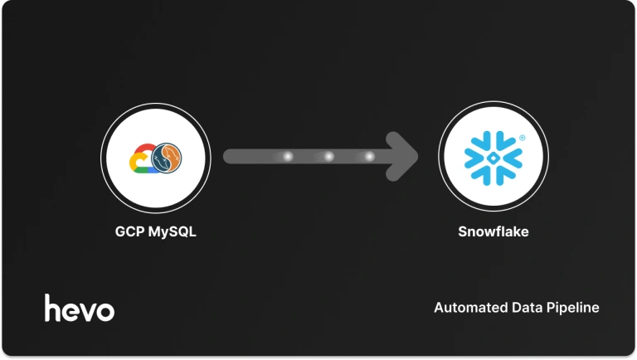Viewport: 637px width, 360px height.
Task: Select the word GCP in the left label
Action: (129, 231)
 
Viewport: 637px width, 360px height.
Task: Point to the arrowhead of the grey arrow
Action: (406, 155)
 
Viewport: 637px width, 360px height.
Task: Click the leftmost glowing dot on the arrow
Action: (289, 156)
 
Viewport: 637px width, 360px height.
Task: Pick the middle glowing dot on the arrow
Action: (328, 156)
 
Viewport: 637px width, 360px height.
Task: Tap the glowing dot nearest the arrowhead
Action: (369, 156)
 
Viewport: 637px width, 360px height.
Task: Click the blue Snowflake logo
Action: (493, 156)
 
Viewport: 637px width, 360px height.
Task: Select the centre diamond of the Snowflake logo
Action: (493, 156)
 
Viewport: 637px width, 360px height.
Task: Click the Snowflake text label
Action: (493, 231)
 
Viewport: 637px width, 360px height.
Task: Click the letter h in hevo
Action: (53, 307)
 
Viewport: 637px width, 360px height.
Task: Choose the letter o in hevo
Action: (105, 311)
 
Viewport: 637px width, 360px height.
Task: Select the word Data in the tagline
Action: (524, 308)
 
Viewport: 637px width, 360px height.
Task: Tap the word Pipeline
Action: (572, 309)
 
